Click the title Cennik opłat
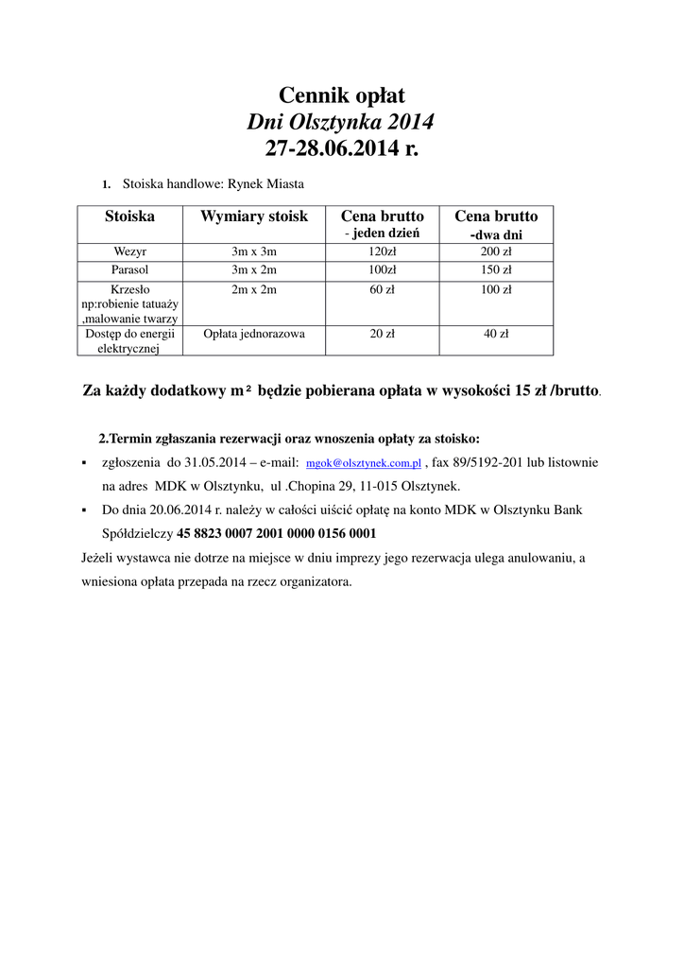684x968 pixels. pos(341,95)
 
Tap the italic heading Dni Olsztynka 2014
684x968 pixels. pos(341,122)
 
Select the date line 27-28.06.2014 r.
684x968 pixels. pos(341,148)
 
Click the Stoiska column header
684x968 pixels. pos(129,216)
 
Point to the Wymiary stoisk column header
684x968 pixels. pos(254,216)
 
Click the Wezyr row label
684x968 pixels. pos(129,251)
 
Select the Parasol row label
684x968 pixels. pos(129,269)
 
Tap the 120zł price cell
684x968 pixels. pos(383,251)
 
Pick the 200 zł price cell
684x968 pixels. pos(496,251)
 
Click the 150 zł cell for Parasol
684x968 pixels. pos(496,269)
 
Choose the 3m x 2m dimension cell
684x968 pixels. pos(254,269)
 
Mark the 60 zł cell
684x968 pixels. pos(383,289)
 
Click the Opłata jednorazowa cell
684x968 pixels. pos(254,334)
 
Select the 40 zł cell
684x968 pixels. pos(496,334)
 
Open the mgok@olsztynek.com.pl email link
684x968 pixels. pos(364,464)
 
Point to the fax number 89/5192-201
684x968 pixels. pos(488,463)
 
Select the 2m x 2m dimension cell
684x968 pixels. pos(254,289)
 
